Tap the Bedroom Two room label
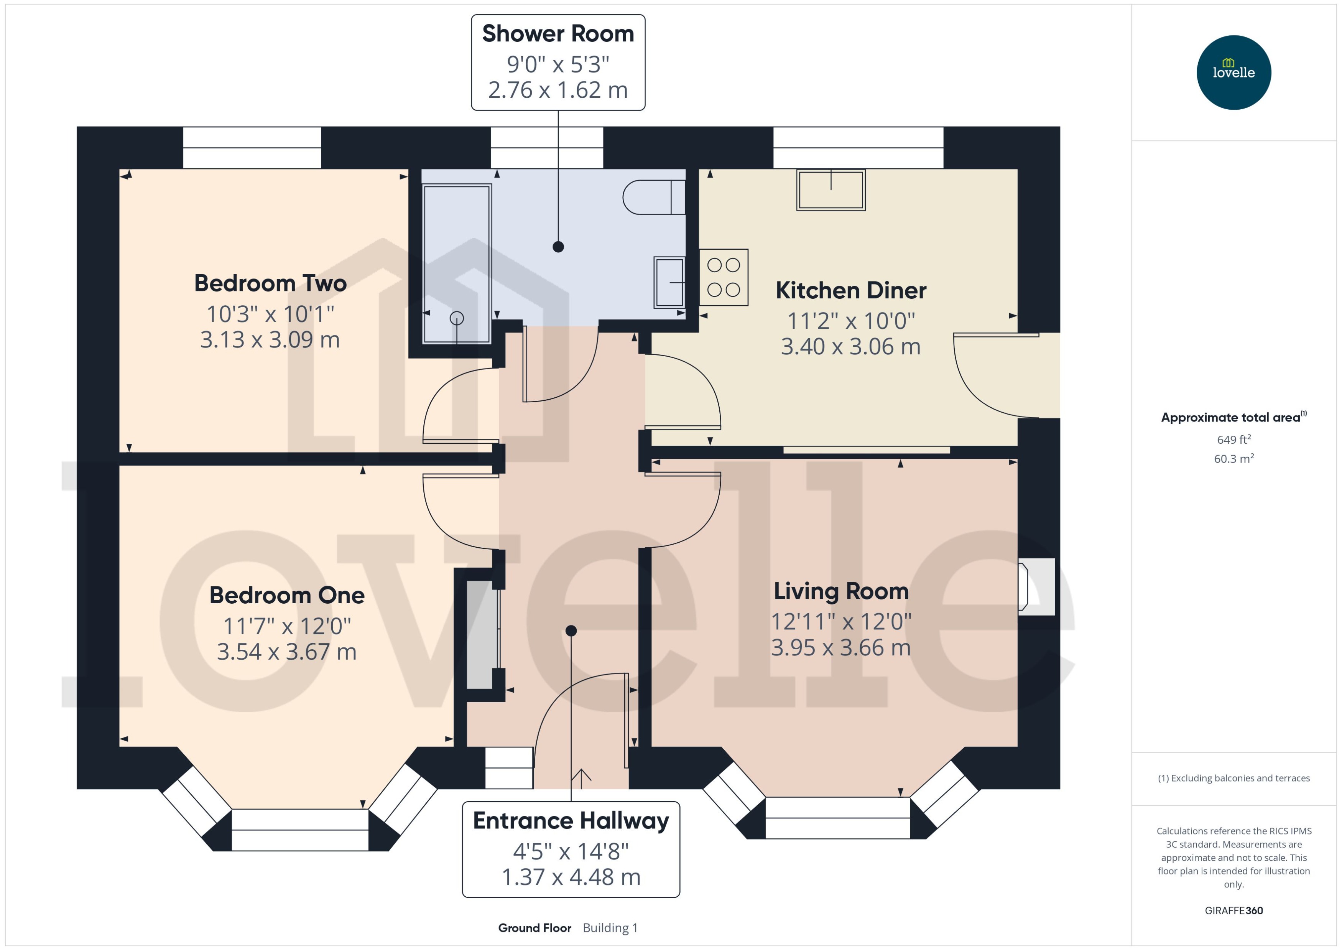point(270,283)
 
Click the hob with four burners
point(723,277)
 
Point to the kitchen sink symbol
point(831,189)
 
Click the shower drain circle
point(457,318)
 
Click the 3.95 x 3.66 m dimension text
point(840,647)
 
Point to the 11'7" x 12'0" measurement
point(286,626)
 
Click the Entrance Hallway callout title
point(570,821)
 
